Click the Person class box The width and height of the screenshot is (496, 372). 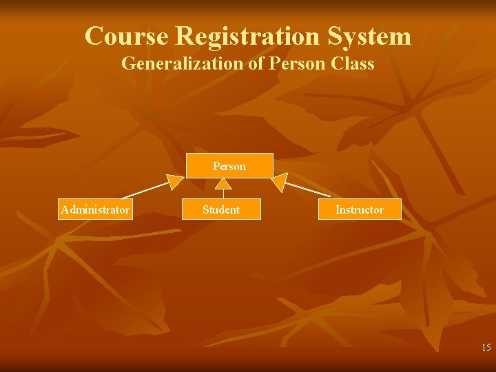tap(229, 166)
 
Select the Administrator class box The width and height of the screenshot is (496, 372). tap(94, 209)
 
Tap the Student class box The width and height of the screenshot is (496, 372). tap(221, 209)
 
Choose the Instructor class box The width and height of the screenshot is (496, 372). tap(359, 209)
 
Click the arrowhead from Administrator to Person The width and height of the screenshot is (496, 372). tap(176, 182)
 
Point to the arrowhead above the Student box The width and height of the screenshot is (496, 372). tap(223, 183)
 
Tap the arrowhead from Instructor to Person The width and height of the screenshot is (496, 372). tap(278, 182)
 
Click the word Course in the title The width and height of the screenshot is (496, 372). tap(127, 36)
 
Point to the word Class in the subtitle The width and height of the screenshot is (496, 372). tap(353, 64)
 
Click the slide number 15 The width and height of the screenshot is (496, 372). tap(486, 347)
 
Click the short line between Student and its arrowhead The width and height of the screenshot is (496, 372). tap(223, 194)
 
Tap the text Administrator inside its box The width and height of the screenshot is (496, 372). tap(94, 209)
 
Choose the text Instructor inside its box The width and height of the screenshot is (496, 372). tap(359, 209)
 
